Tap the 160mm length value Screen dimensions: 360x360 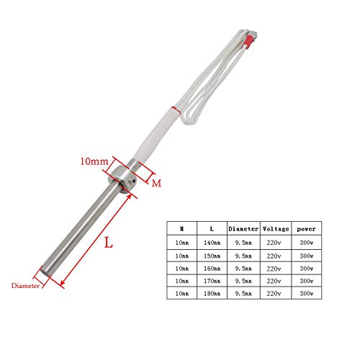[x=212, y=269]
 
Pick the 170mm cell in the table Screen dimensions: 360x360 [x=212, y=282]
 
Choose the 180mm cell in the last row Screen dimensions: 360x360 [x=212, y=294]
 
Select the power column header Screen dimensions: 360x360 [x=305, y=228]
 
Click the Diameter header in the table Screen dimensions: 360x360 [x=242, y=228]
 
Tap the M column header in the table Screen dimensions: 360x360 [x=181, y=228]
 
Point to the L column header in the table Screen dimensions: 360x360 [x=212, y=228]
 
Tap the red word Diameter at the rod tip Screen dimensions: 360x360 [x=24, y=285]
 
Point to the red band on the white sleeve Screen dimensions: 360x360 [x=172, y=109]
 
